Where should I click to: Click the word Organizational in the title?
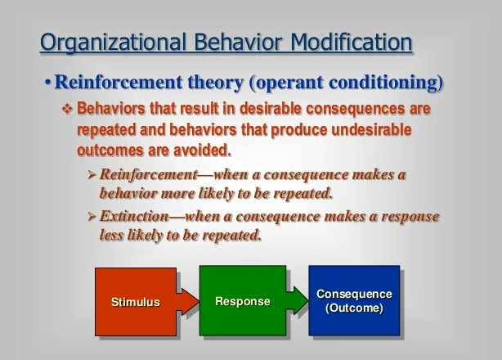(x=114, y=43)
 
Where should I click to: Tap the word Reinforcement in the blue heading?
(x=119, y=82)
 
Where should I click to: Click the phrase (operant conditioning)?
(x=346, y=83)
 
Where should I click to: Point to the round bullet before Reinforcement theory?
(x=48, y=83)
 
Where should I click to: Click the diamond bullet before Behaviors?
(x=67, y=109)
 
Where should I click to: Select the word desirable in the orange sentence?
(x=271, y=109)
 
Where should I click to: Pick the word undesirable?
(x=371, y=130)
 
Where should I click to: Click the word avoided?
(x=202, y=151)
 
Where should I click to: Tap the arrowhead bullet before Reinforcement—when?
(x=92, y=175)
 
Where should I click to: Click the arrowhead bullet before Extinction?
(x=92, y=217)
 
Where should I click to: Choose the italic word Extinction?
(x=134, y=216)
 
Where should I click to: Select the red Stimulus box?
(x=136, y=302)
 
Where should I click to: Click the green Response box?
(x=243, y=300)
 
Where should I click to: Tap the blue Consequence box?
(x=354, y=300)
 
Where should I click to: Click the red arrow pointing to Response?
(x=188, y=302)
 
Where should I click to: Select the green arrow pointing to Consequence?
(x=298, y=300)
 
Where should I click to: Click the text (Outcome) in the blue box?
(x=354, y=308)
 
